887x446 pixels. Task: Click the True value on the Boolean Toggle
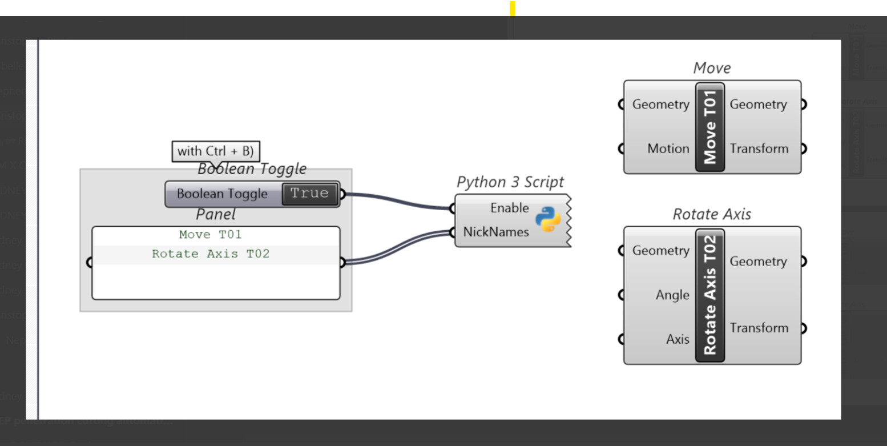pyautogui.click(x=309, y=194)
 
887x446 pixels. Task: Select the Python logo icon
pyautogui.click(x=548, y=219)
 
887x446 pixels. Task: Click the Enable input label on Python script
pyautogui.click(x=509, y=208)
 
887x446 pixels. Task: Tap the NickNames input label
pyautogui.click(x=495, y=232)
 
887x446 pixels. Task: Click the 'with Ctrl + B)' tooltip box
pyautogui.click(x=216, y=151)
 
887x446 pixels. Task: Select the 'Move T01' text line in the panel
pyautogui.click(x=210, y=235)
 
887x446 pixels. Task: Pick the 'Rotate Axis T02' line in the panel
pyautogui.click(x=210, y=254)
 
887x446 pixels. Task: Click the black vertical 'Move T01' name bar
pyautogui.click(x=709, y=127)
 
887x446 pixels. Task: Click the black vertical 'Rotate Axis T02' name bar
pyautogui.click(x=709, y=295)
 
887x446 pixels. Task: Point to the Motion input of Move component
pyautogui.click(x=668, y=149)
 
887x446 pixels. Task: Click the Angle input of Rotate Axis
pyautogui.click(x=672, y=295)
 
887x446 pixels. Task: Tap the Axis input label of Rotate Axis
pyautogui.click(x=678, y=339)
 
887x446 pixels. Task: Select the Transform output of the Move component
pyautogui.click(x=759, y=149)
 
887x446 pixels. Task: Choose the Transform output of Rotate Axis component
pyautogui.click(x=759, y=328)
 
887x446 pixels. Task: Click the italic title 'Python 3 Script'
pyautogui.click(x=510, y=182)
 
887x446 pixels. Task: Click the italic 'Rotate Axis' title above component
pyautogui.click(x=711, y=214)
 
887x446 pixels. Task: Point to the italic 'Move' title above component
pyautogui.click(x=711, y=69)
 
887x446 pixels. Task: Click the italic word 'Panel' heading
pyautogui.click(x=215, y=215)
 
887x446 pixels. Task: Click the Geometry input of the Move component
pyautogui.click(x=660, y=105)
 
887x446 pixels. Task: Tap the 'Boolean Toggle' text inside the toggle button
pyautogui.click(x=222, y=194)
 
